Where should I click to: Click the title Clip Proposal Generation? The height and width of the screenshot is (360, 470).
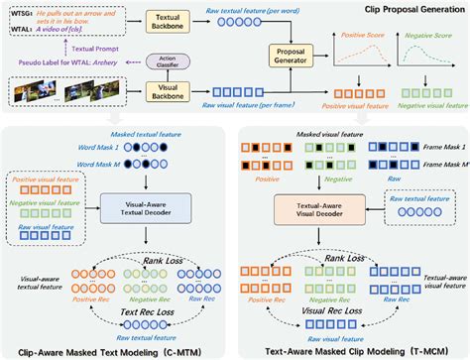click(409, 7)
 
